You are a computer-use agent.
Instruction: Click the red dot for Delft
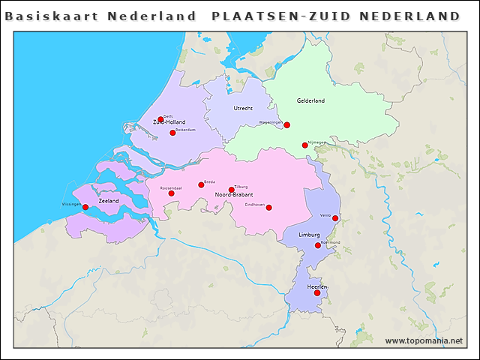click(160, 119)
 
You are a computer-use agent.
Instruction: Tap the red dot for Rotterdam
click(172, 133)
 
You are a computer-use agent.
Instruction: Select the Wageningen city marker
click(286, 125)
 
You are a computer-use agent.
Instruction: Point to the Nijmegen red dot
click(304, 145)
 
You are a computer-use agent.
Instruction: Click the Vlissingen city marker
click(85, 207)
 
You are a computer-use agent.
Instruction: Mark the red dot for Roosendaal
click(171, 193)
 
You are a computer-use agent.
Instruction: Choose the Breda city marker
click(201, 184)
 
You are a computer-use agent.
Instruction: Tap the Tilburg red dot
click(231, 190)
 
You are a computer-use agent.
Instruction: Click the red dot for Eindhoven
click(268, 208)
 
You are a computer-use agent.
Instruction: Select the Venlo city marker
click(335, 218)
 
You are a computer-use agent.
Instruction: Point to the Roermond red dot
click(318, 245)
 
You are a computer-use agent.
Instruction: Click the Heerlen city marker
click(317, 292)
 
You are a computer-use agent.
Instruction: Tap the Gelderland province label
click(310, 100)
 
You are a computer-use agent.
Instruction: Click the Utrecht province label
click(243, 108)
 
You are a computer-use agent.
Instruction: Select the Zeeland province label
click(109, 201)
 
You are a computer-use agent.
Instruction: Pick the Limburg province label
click(310, 235)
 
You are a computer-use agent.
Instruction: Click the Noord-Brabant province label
click(232, 195)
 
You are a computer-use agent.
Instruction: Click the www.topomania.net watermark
click(424, 340)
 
